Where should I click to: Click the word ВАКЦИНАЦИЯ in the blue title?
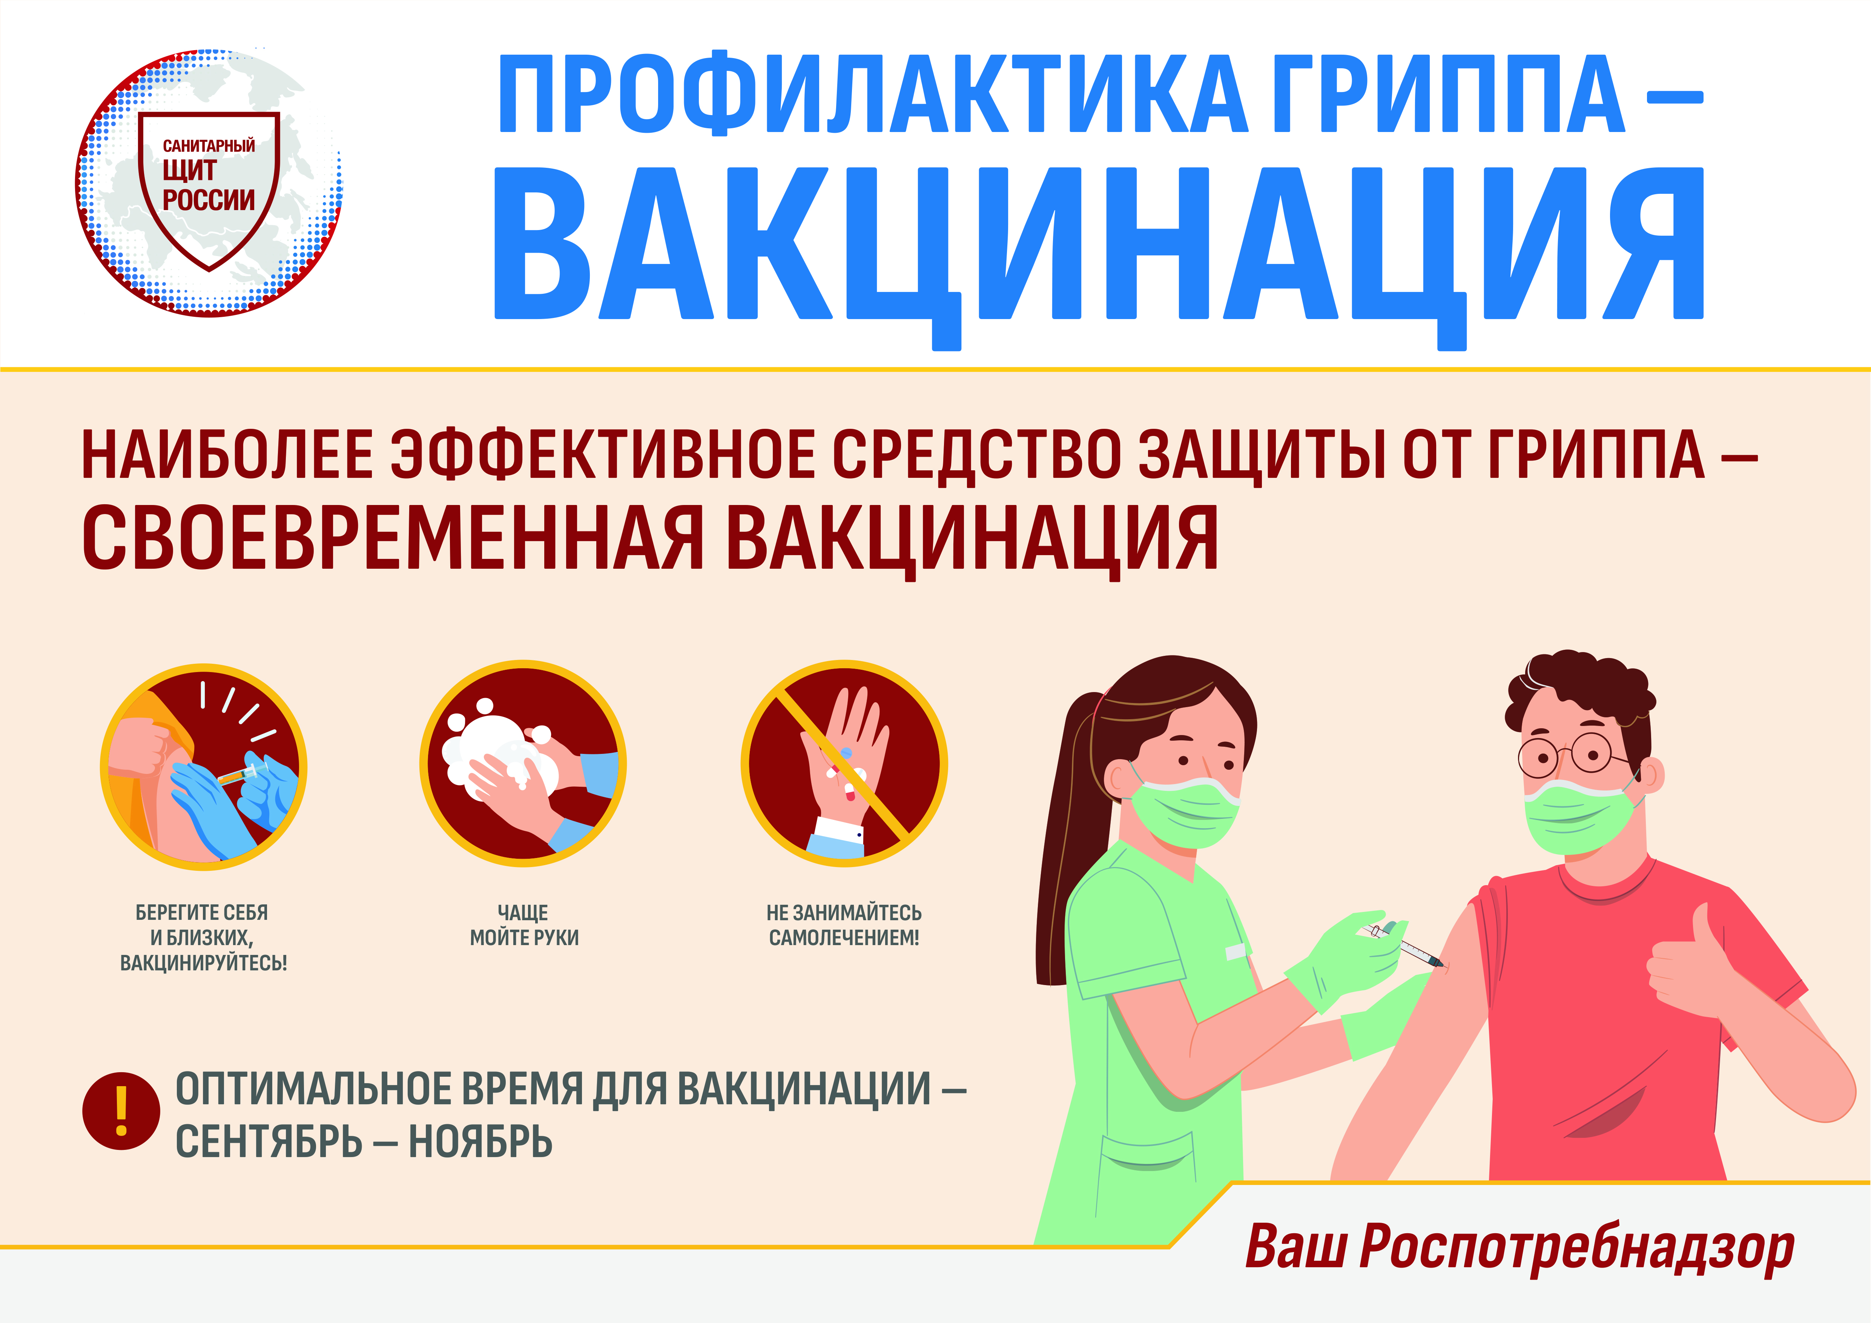1099,249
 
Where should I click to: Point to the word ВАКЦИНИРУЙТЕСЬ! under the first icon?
203,963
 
